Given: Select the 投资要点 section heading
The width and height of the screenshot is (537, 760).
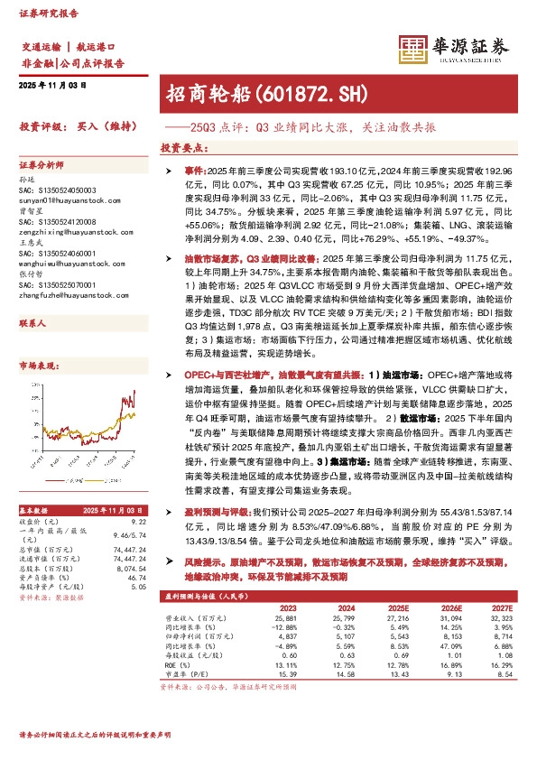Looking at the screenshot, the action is (180, 146).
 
